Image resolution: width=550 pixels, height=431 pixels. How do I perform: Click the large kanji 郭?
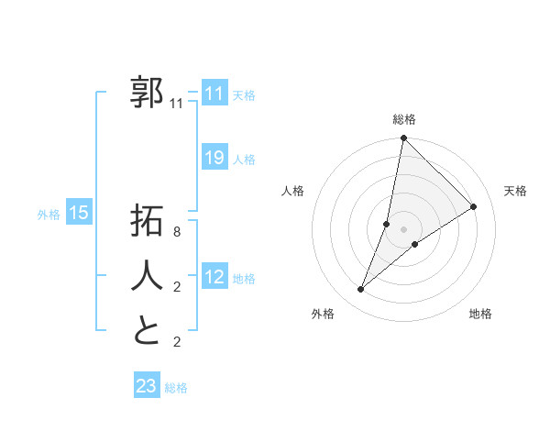click(147, 93)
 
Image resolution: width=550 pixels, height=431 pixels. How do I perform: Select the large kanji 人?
click(147, 274)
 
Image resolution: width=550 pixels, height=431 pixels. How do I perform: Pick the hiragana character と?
click(147, 329)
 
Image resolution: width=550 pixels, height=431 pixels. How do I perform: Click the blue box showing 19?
click(214, 158)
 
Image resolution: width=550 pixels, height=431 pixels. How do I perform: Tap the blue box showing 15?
click(79, 213)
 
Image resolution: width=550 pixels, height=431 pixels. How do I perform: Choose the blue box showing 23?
click(146, 386)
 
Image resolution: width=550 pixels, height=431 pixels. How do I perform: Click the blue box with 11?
click(214, 94)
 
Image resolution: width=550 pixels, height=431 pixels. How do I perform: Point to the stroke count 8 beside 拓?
click(177, 232)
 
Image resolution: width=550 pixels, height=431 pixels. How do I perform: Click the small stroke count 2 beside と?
click(177, 342)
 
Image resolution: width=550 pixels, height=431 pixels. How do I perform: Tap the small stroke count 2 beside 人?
click(177, 287)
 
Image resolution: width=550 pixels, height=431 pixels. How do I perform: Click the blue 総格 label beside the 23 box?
click(176, 388)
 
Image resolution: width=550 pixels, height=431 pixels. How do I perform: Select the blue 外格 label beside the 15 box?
click(49, 215)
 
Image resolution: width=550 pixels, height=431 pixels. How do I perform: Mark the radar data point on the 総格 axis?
click(403, 139)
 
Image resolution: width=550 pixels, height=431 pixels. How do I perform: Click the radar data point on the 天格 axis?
click(474, 207)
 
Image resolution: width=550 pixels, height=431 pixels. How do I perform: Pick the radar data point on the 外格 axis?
click(361, 290)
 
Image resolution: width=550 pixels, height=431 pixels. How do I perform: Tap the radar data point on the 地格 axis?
click(415, 244)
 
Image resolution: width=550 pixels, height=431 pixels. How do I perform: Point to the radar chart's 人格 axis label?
click(293, 191)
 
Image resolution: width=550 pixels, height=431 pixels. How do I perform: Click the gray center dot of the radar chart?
click(403, 228)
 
